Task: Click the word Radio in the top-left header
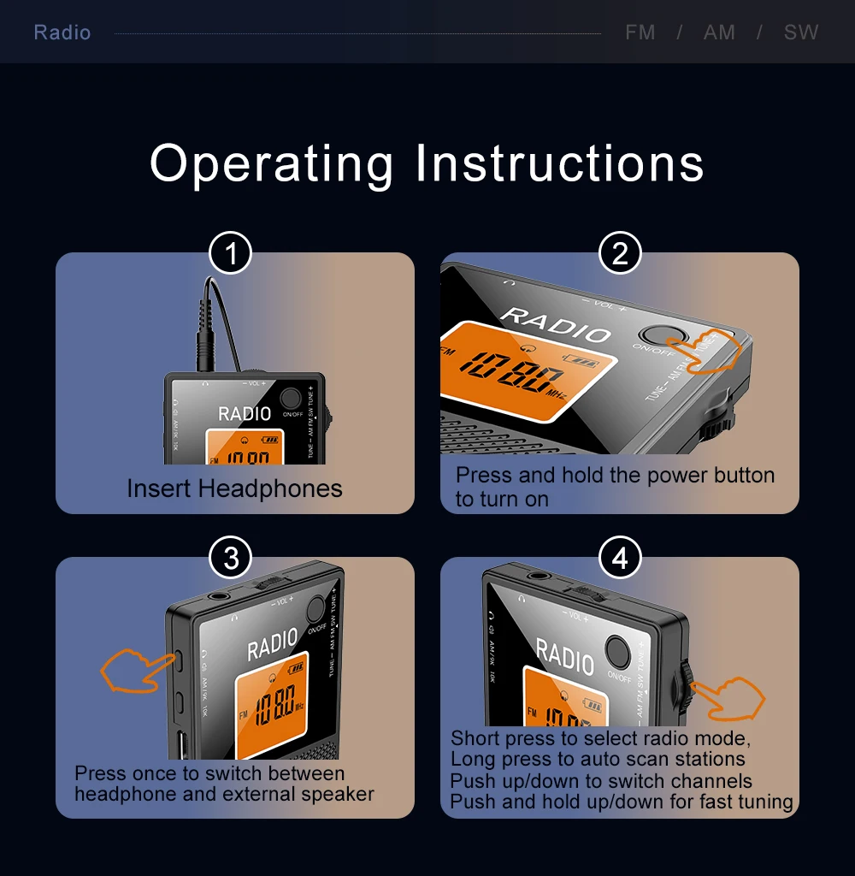[62, 33]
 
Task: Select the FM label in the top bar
[640, 33]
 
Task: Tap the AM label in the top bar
[719, 33]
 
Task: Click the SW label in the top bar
[801, 33]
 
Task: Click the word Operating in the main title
[272, 163]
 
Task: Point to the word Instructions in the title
[560, 163]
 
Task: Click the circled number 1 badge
[230, 254]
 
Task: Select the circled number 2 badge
[620, 254]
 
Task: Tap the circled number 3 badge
[230, 559]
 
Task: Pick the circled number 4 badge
[620, 559]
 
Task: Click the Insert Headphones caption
[234, 488]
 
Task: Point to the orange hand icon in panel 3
[135, 669]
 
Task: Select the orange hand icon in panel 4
[729, 696]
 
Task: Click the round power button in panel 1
[291, 399]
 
